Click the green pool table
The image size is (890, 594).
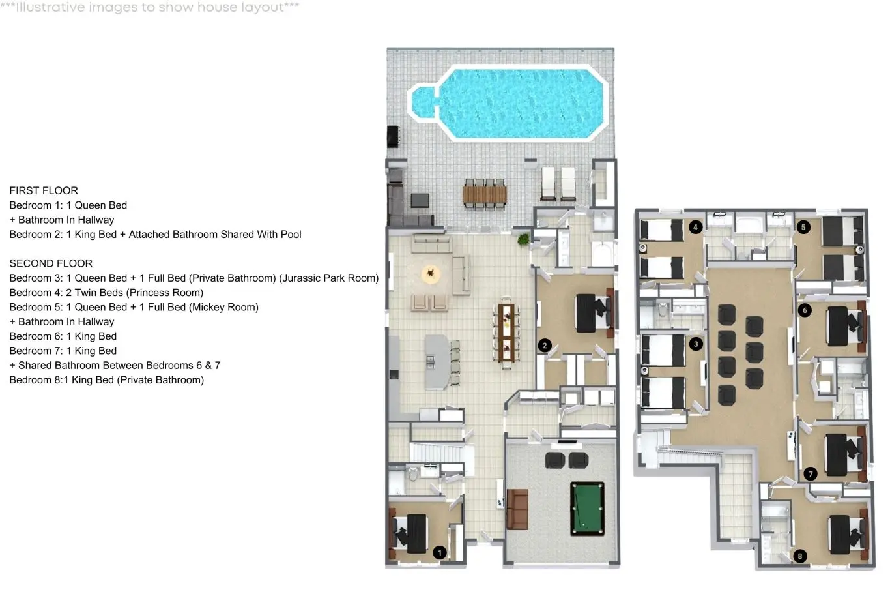coord(587,509)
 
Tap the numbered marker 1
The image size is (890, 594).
coord(439,553)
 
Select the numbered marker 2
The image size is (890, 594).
coord(544,346)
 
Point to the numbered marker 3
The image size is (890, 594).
coord(696,344)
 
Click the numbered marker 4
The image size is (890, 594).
coord(695,227)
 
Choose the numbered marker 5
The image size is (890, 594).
coord(803,227)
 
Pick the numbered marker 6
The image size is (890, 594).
coord(805,310)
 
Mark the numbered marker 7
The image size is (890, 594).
coord(811,473)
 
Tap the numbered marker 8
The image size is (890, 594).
coord(800,556)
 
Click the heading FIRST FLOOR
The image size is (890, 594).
coord(44,191)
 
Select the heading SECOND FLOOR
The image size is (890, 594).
coord(51,263)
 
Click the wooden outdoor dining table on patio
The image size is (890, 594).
coord(484,195)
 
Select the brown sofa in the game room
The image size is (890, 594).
coord(517,509)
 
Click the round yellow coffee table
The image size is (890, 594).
coord(431,274)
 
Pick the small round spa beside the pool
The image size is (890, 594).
coord(423,102)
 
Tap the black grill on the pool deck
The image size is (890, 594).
coord(393,136)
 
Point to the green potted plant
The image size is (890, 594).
coord(523,239)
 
